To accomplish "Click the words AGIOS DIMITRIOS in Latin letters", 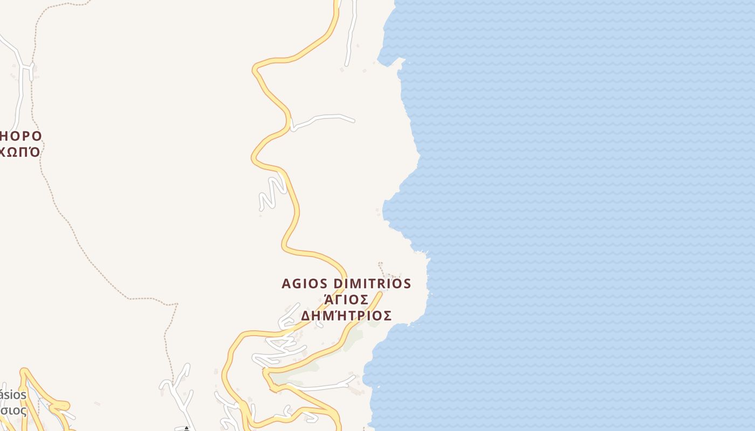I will click(x=346, y=283).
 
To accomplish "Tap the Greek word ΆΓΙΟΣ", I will click(x=346, y=300).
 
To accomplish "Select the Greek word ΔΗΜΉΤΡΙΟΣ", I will click(x=346, y=315).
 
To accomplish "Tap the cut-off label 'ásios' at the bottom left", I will click(x=13, y=395).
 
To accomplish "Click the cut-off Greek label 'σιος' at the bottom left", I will click(x=13, y=411).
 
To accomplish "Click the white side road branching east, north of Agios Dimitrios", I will click(x=324, y=118).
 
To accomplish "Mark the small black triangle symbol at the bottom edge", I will click(x=187, y=428).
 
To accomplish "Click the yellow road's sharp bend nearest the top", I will click(x=256, y=68).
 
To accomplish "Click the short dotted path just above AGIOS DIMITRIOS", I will click(x=382, y=268).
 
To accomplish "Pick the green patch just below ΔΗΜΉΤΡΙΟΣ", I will click(x=353, y=338).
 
